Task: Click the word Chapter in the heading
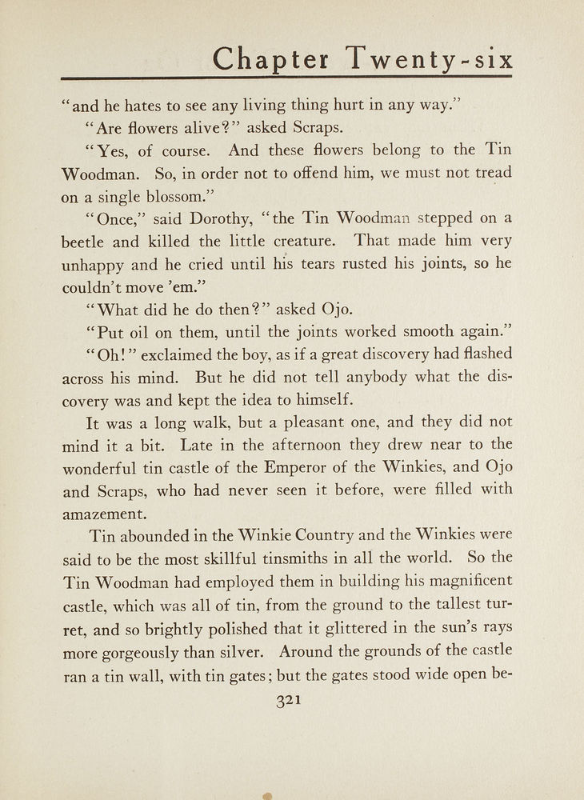tap(270, 59)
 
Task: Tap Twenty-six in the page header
tap(430, 59)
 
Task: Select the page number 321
tap(287, 701)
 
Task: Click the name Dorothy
tap(202, 218)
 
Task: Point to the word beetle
tap(86, 242)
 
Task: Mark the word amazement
tap(104, 513)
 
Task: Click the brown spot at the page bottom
tap(267, 795)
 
